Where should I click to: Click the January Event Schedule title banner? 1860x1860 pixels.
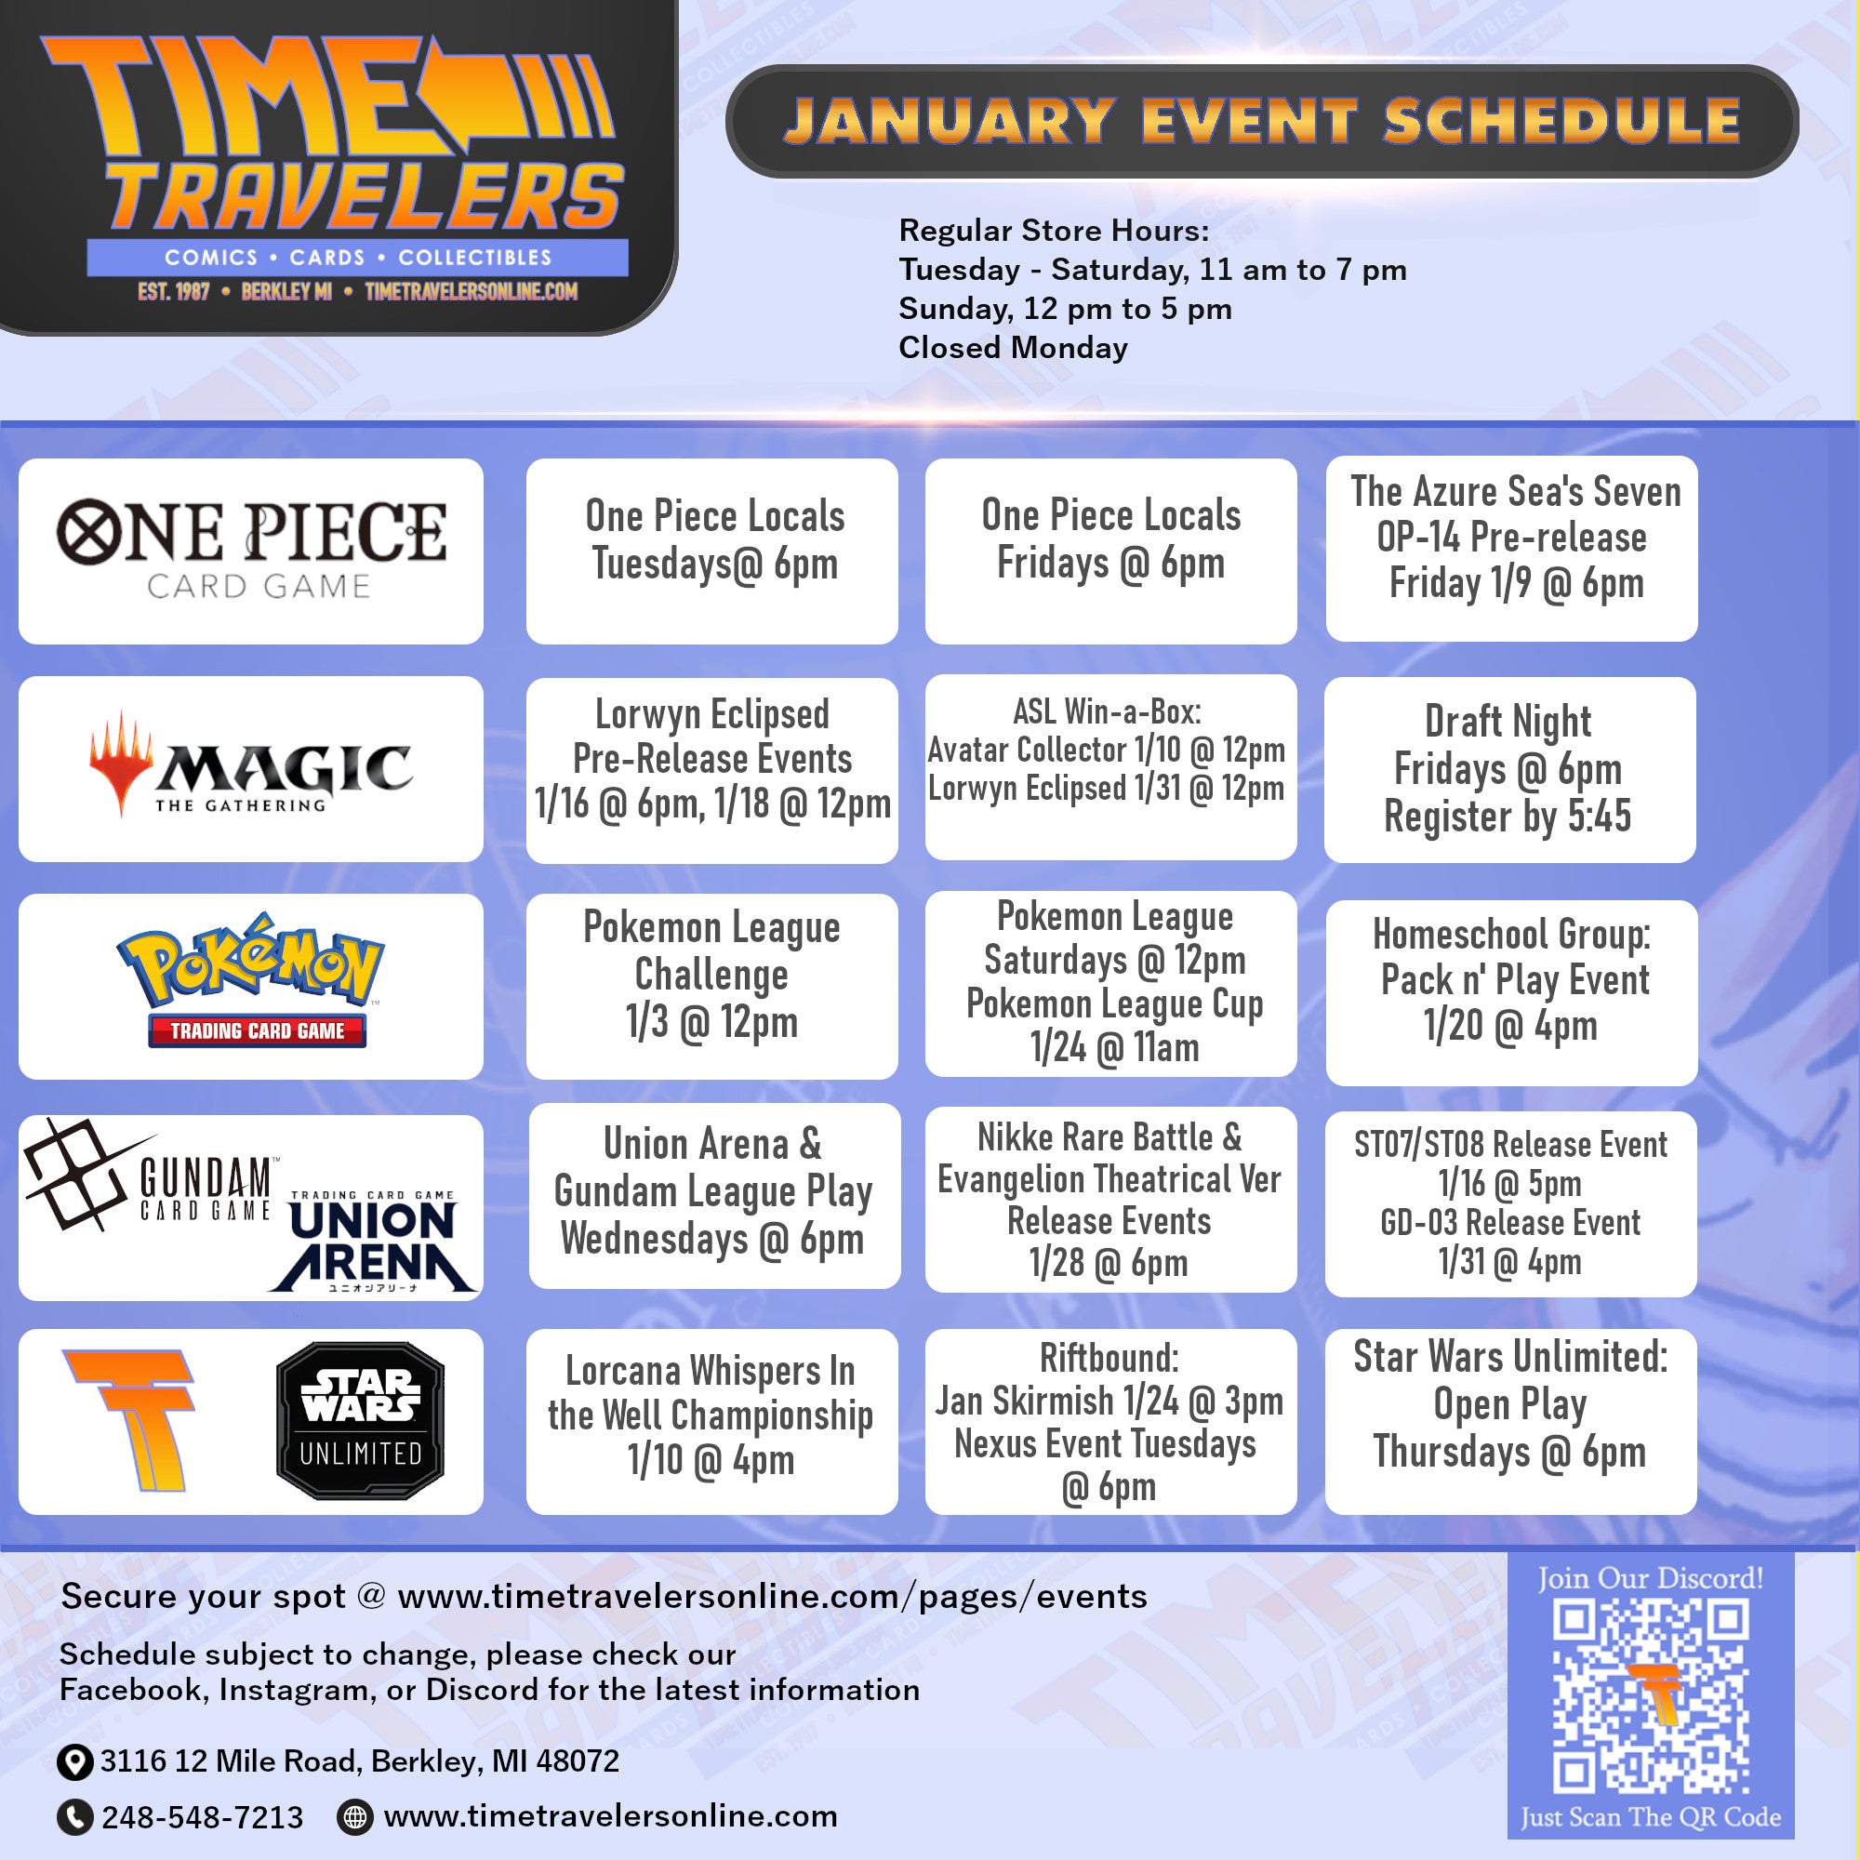1261,121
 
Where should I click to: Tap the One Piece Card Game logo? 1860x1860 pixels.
251,549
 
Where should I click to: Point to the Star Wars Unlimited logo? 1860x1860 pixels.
360,1421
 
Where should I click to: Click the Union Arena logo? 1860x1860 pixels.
373,1241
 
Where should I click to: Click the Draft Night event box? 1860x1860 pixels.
1509,769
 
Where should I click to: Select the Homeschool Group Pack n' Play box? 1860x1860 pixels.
1510,992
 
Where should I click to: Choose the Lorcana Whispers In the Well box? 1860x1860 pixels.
711,1422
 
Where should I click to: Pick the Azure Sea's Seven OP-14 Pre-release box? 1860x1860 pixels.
1511,549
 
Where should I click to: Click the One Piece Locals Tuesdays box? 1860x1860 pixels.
711,551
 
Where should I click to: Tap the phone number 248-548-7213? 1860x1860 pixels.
202,1817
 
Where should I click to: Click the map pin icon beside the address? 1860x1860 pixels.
75,1762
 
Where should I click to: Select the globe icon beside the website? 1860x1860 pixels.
355,1816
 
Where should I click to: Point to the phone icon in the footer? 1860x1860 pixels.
75,1817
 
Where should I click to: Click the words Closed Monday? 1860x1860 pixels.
1013,348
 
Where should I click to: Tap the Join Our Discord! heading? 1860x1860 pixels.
1650,1579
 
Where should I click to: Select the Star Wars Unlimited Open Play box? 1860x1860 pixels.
1510,1422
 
